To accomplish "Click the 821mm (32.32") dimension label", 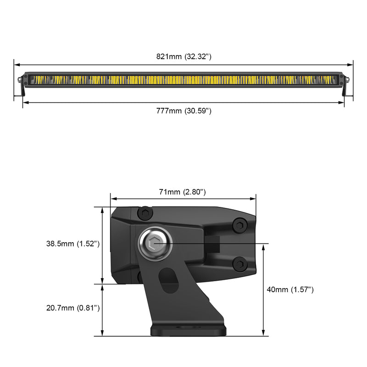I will point(183,57).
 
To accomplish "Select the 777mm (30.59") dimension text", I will point(183,111).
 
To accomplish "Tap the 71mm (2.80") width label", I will point(182,192).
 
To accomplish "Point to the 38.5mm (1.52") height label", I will point(73,244).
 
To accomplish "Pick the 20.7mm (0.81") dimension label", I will point(73,308).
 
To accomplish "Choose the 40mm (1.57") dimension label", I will point(291,289).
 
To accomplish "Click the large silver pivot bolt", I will point(155,244).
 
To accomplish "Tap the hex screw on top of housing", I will point(145,213).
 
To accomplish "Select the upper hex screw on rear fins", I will point(239,225).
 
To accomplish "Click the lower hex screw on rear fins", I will point(239,263).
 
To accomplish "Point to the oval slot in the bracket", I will point(168,279).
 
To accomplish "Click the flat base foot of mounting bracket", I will point(188,330).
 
